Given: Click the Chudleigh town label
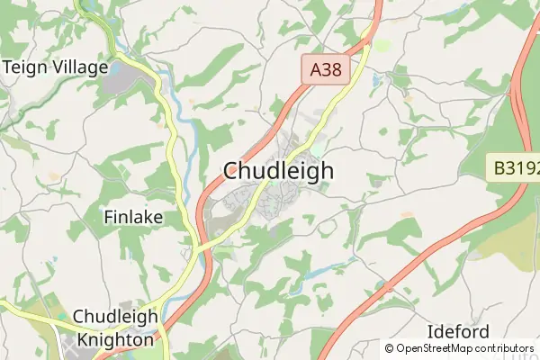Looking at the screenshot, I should coord(278,170).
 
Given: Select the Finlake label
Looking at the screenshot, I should coord(133,217).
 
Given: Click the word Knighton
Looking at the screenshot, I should coord(114,341).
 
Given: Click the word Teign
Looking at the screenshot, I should coord(22,66).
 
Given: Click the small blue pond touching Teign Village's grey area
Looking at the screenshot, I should coord(115,67).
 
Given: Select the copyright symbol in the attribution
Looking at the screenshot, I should coord(390,348).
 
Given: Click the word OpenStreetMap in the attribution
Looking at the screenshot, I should coord(434,348).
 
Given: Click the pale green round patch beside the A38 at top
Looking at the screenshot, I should coord(382,44).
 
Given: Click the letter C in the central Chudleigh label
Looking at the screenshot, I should coord(231,171).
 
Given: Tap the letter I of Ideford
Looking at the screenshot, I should coord(430,331).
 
